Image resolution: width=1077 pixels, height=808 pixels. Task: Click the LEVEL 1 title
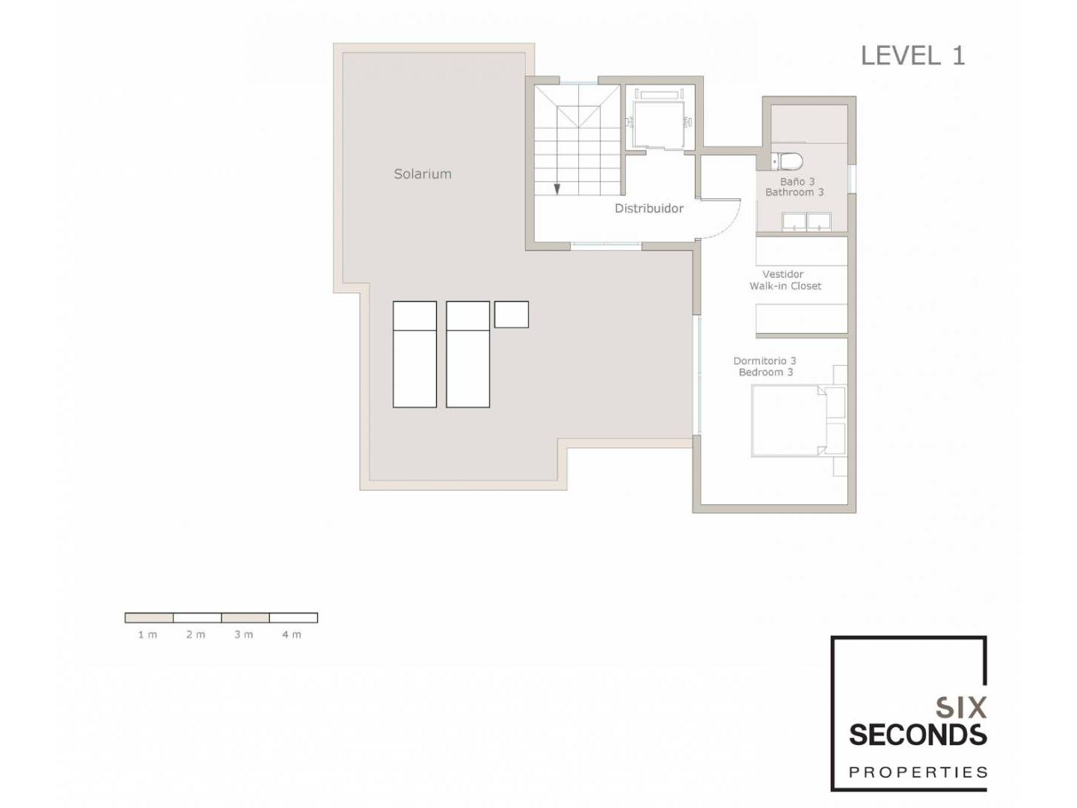click(912, 55)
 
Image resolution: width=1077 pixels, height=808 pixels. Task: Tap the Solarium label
click(423, 174)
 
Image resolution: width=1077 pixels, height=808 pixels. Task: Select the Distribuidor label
click(648, 209)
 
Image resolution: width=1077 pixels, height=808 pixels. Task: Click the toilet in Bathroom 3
click(787, 160)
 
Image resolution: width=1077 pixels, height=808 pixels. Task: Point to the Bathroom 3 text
click(794, 192)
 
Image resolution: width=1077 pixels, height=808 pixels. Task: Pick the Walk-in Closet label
click(785, 286)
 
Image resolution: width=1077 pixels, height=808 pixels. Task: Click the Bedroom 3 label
click(765, 373)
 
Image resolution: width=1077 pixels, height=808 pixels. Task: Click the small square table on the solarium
click(512, 314)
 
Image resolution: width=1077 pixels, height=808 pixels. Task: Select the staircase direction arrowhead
click(557, 189)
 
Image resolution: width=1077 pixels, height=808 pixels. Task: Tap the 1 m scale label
click(147, 635)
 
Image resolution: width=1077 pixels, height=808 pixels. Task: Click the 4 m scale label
click(292, 635)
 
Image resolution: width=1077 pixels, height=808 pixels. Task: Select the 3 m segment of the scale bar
click(245, 618)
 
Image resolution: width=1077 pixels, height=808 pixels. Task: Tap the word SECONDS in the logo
click(918, 735)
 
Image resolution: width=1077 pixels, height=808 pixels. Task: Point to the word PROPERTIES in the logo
click(918, 773)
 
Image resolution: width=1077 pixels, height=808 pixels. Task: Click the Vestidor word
click(782, 275)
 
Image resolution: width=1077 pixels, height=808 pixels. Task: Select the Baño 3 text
click(797, 182)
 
